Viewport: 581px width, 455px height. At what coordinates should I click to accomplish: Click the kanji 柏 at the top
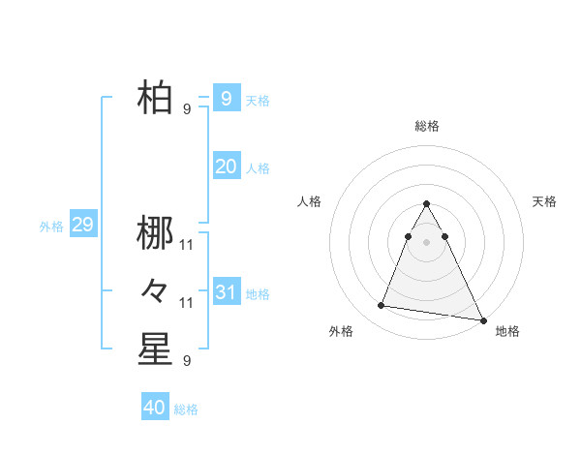[x=155, y=99]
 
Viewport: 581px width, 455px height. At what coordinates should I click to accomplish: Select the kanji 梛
[x=155, y=232]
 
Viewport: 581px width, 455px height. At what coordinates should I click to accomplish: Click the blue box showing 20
[x=226, y=167]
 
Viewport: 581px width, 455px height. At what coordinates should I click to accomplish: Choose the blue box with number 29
[x=82, y=226]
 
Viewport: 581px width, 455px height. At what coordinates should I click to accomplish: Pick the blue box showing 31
[x=226, y=292]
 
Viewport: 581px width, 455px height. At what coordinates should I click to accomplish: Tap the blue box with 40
[x=155, y=408]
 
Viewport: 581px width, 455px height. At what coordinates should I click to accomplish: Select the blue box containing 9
[x=226, y=99]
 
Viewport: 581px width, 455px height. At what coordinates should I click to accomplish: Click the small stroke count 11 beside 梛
[x=187, y=244]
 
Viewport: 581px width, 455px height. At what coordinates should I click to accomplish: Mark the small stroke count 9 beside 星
[x=187, y=361]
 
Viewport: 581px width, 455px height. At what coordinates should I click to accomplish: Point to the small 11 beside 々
[x=187, y=303]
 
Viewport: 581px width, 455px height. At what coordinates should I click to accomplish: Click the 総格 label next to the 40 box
[x=186, y=409]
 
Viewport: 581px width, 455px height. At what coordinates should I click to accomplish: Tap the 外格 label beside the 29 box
[x=51, y=227]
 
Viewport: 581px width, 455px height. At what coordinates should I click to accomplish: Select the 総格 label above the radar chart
[x=427, y=126]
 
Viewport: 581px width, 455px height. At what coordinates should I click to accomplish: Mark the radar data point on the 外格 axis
[x=382, y=306]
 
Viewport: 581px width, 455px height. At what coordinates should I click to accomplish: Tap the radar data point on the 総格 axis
[x=427, y=204]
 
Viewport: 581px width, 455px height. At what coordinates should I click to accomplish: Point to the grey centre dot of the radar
[x=427, y=241]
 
